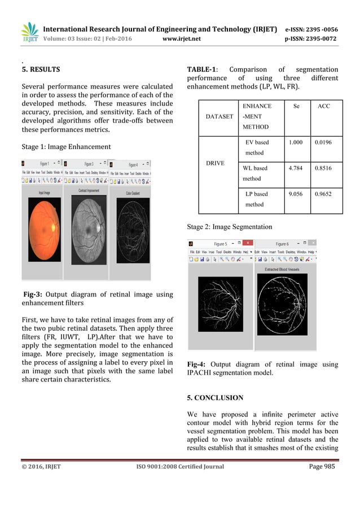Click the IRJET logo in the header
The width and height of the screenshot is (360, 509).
pyautogui.click(x=29, y=33)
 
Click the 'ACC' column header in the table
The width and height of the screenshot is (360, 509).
pyautogui.click(x=324, y=106)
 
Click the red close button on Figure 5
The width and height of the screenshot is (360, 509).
pyautogui.click(x=248, y=244)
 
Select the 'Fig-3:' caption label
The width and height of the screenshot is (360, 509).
pyautogui.click(x=33, y=294)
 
